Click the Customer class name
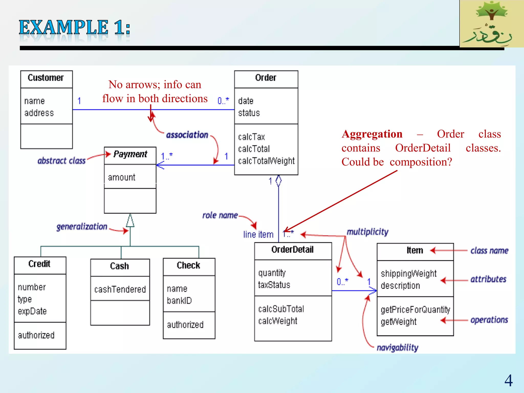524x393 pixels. coord(46,78)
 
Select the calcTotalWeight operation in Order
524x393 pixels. coord(266,161)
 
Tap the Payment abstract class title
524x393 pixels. coord(130,154)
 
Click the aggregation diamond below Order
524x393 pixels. coord(279,181)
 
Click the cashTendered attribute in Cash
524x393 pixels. coord(120,289)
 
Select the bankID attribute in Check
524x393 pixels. coord(179,301)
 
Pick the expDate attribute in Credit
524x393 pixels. coord(32,311)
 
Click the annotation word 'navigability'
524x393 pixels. coord(397,348)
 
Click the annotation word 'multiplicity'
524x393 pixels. coord(367,232)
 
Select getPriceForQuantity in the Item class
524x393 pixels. coord(415,310)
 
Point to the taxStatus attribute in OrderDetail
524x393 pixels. coord(274,285)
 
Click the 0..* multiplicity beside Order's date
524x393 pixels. coord(223,101)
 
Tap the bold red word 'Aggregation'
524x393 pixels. coord(372,134)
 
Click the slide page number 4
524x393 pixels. coord(508,380)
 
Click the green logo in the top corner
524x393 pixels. coord(492,24)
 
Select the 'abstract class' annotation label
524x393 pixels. coord(61,161)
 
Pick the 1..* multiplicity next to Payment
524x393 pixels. coord(167,156)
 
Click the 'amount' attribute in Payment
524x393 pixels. coord(122,177)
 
